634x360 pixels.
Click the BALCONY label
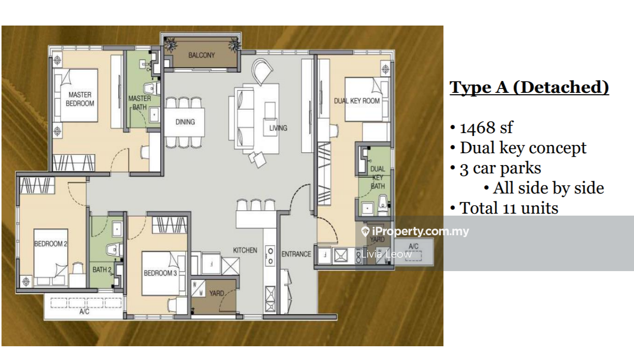202,55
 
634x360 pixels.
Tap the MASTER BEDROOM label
80,99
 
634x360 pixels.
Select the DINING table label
185,122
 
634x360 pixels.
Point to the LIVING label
278,128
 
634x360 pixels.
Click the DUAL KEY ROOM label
357,101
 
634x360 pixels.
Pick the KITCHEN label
245,250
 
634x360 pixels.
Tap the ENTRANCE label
296,254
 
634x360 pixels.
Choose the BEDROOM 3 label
160,273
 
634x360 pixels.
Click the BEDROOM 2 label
51,244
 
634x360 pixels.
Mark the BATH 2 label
102,270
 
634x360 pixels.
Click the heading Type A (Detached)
529,87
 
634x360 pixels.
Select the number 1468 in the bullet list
478,128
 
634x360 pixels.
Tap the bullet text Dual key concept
523,148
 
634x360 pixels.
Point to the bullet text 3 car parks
500,168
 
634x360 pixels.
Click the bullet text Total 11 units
509,208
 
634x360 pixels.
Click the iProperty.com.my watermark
415,232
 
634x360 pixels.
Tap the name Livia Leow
387,254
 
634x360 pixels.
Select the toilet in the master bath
152,88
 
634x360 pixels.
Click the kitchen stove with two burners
270,255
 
